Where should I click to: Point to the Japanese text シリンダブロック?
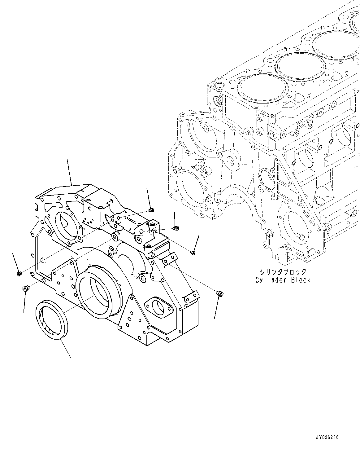(283, 272)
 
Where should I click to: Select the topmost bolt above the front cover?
(151, 211)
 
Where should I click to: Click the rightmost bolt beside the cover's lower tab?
(220, 293)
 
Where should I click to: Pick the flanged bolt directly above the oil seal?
(25, 289)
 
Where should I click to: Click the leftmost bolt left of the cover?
(19, 274)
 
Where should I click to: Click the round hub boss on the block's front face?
(230, 159)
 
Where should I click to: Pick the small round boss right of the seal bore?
(142, 279)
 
